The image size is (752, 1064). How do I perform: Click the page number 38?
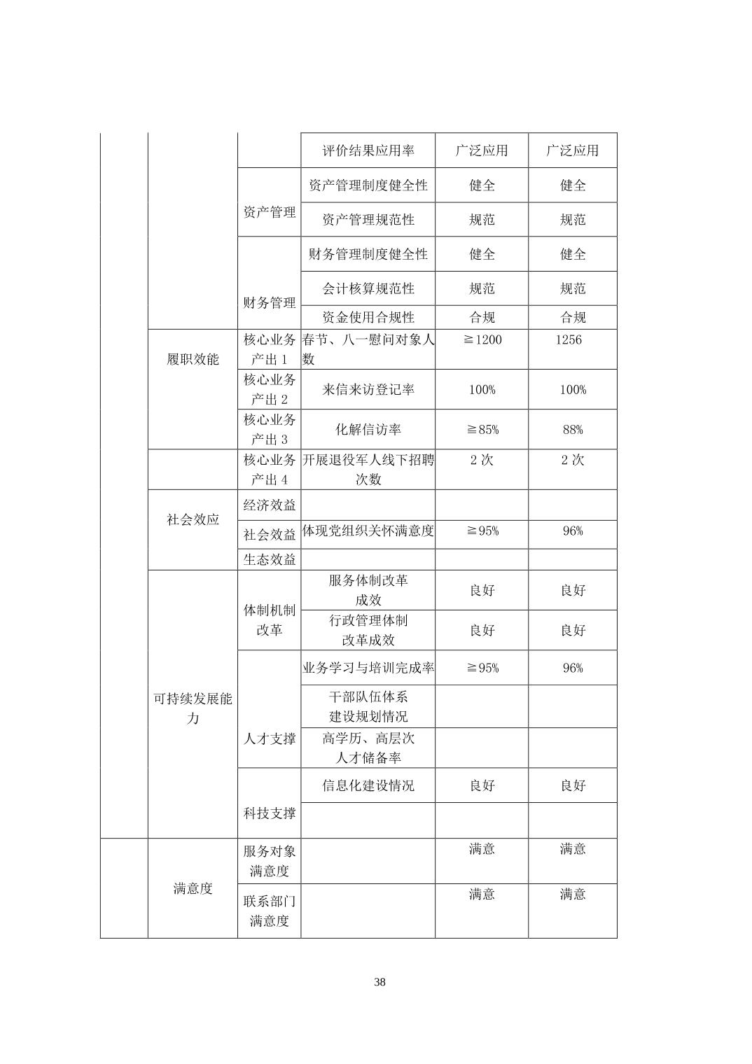(x=380, y=981)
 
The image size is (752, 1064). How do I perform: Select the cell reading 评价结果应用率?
(x=368, y=150)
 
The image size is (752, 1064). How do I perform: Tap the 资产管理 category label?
(x=270, y=212)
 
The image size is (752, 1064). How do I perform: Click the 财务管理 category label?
(x=270, y=302)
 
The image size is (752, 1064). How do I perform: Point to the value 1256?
(x=568, y=339)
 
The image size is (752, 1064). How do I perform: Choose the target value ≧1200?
(x=482, y=339)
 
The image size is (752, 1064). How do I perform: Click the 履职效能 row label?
(x=193, y=359)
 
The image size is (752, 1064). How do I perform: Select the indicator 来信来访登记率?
(x=368, y=389)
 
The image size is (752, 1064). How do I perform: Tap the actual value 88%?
(x=572, y=429)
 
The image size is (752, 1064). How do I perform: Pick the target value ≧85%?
(x=482, y=429)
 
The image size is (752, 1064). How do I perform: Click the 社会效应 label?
(x=193, y=519)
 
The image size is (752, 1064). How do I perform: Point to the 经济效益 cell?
(x=270, y=505)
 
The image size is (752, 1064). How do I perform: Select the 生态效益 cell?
(x=270, y=559)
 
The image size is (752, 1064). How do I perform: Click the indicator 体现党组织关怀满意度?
(x=368, y=531)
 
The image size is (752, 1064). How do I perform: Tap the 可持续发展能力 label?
(x=193, y=708)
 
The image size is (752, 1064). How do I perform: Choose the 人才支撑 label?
(x=270, y=738)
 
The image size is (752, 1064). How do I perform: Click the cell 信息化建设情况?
(x=368, y=785)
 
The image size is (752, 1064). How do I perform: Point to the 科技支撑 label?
(x=270, y=813)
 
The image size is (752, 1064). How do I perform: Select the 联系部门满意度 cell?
(x=270, y=910)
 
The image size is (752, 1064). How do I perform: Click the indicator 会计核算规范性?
(x=368, y=288)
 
